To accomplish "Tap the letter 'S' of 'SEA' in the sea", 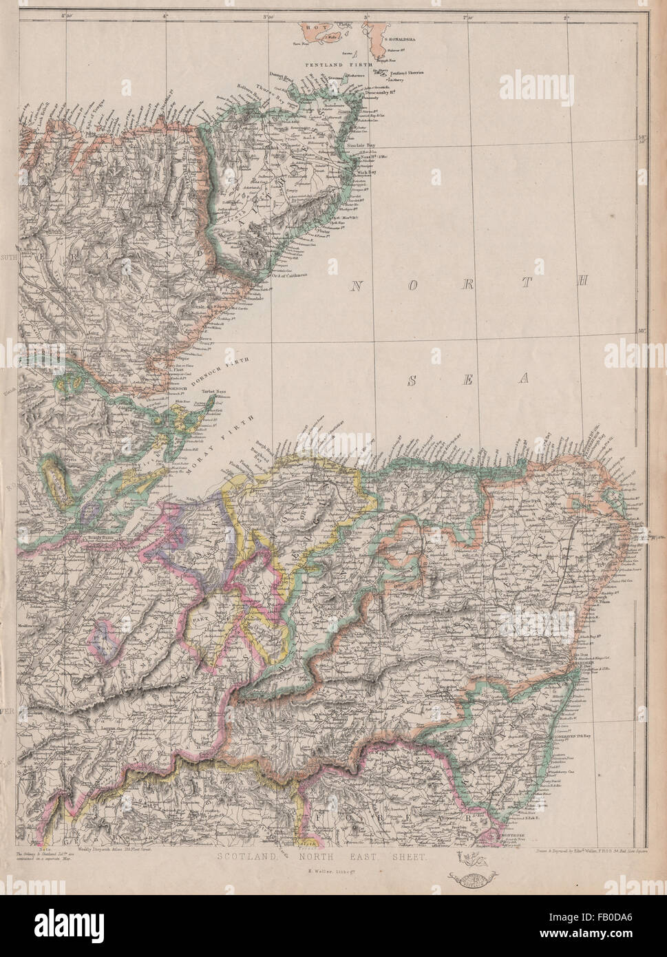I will pos(414,378).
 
